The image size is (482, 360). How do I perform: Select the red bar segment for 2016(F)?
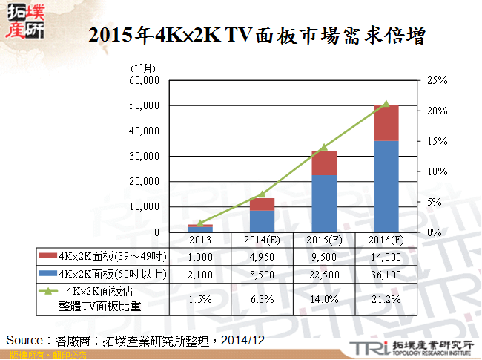[386, 122]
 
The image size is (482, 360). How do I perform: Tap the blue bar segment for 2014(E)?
[261, 220]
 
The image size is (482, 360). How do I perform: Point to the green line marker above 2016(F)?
[386, 104]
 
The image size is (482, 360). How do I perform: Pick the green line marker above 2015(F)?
[323, 147]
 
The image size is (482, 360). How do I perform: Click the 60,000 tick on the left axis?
[145, 80]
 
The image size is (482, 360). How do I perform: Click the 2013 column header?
[199, 240]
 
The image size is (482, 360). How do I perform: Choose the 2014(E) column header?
[261, 240]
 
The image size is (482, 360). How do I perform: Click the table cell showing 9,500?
[323, 256]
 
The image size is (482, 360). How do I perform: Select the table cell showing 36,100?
[386, 275]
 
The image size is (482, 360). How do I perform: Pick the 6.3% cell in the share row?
[261, 299]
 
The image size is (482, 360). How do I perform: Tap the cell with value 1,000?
[199, 256]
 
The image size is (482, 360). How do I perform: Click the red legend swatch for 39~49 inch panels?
[51, 256]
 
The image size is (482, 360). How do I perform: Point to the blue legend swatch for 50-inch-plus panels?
[51, 275]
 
